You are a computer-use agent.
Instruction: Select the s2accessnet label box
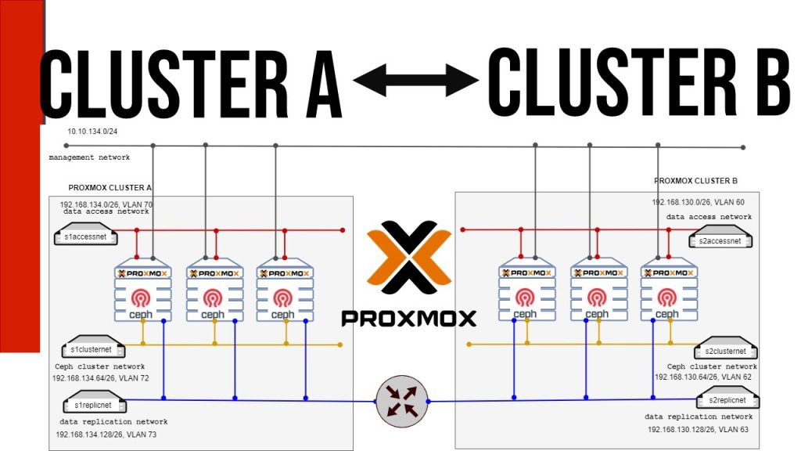[720, 240]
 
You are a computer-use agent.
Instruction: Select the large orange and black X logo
[409, 259]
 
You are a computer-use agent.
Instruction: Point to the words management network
[89, 158]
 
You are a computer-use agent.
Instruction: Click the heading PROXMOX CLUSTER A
[110, 188]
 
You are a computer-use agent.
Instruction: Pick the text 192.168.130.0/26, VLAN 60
[699, 203]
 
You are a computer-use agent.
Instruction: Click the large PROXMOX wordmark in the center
[408, 318]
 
